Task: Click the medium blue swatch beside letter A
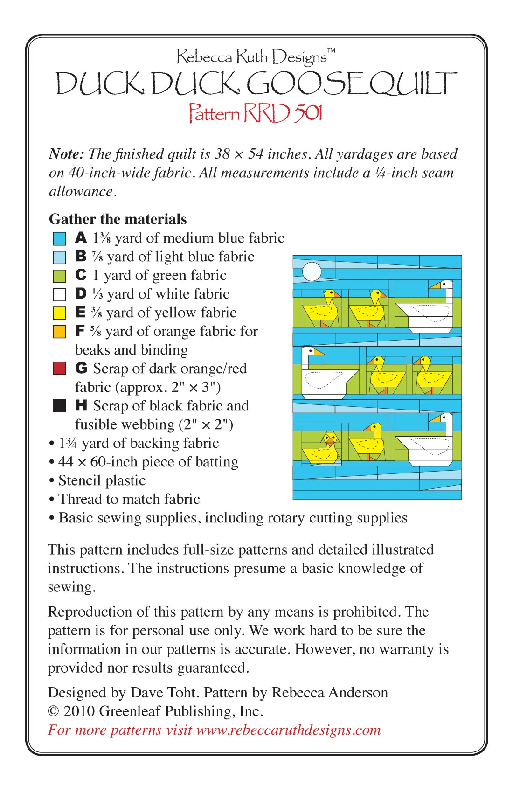pos(59,238)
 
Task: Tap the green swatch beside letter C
pos(59,276)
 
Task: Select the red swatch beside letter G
pos(59,369)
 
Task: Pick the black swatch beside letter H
pos(59,406)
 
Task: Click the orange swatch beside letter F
pos(59,332)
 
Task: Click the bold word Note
pos(66,154)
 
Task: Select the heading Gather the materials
pos(118,219)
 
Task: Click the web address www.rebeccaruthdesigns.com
pos(288,730)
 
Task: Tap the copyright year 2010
pos(79,711)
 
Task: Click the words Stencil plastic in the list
pos(102,480)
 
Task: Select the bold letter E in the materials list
pos(81,312)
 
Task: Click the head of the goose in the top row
pos(445,285)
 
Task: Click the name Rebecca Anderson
pos(330,692)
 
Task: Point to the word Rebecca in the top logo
pos(204,57)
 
